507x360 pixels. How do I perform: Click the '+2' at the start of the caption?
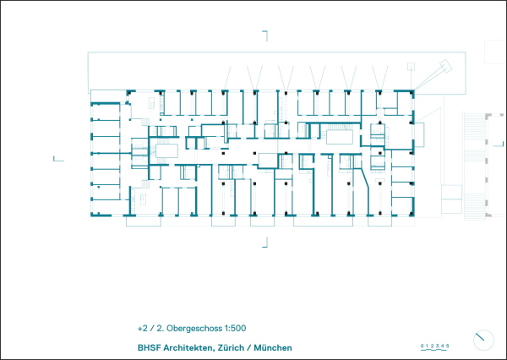point(143,328)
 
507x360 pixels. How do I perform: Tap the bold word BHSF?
point(148,347)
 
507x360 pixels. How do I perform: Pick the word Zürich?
point(238,347)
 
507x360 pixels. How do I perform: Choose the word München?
point(281,347)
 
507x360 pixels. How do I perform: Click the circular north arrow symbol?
point(482,338)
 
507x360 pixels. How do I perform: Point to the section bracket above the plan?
point(265,35)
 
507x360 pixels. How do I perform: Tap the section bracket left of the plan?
point(57,158)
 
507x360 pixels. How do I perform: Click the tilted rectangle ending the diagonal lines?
point(444,67)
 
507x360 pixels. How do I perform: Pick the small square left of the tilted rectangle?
point(412,63)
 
